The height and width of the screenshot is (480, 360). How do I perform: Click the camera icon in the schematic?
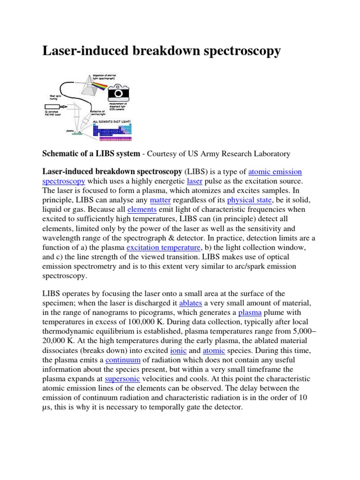(119, 92)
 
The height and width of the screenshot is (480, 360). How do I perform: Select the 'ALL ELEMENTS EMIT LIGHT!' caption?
(112, 121)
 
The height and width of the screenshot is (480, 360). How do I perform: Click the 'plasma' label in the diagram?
(70, 131)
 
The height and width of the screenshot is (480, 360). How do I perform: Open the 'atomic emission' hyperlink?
(275, 172)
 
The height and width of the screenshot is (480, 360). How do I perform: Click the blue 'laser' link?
(194, 181)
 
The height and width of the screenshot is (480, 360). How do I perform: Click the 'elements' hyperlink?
(142, 209)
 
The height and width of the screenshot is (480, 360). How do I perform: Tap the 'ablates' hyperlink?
(190, 303)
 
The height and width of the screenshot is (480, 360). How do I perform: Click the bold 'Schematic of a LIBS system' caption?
(91, 153)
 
